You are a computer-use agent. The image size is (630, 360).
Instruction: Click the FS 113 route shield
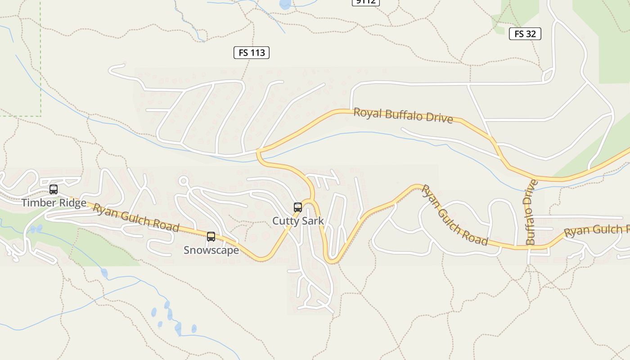point(252,53)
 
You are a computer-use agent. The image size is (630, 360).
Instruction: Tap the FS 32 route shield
point(525,34)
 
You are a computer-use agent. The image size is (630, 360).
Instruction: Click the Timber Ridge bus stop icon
point(54,190)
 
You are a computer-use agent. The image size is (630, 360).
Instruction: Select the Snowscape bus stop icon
point(211,237)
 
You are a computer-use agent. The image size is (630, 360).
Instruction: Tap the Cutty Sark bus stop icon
point(298,207)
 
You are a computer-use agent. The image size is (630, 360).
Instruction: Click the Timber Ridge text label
point(54,203)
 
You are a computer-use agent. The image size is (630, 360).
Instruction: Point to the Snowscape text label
point(211,250)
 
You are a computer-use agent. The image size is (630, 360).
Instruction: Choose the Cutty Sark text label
point(298,221)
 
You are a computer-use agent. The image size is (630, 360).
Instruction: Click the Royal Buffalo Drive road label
point(403,115)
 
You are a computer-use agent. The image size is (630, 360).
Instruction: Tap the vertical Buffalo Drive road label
point(531,212)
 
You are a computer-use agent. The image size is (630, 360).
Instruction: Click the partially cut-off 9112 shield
point(365,2)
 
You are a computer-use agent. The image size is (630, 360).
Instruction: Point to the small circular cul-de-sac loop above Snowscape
point(183,181)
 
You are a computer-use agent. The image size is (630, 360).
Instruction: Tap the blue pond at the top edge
point(285,4)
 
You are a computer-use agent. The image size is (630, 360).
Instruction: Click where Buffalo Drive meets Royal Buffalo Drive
point(531,177)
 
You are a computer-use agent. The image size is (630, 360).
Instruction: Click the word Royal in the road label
point(368,112)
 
